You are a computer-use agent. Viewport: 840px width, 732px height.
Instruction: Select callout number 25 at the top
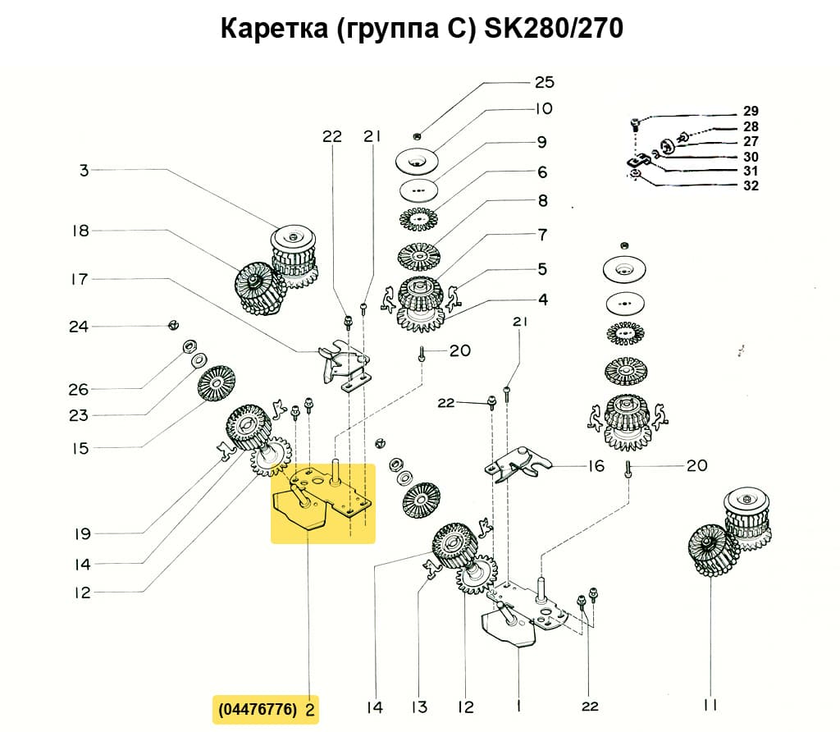point(545,82)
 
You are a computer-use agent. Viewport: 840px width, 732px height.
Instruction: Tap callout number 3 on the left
point(84,171)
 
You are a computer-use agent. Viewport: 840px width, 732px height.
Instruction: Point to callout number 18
point(80,231)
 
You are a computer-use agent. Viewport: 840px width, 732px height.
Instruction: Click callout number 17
point(79,279)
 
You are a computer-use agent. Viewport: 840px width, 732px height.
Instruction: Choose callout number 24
point(79,327)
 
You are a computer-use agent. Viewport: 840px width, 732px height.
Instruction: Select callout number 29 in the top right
point(751,111)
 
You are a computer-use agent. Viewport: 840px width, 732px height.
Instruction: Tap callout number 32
point(751,185)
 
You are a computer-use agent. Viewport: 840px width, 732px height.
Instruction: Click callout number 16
point(596,466)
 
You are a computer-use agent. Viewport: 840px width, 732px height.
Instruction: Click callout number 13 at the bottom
point(420,706)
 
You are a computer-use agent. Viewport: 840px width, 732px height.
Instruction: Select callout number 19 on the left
point(81,534)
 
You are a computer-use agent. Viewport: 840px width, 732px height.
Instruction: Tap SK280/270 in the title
point(555,29)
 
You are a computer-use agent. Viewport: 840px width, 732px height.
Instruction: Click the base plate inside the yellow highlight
point(324,501)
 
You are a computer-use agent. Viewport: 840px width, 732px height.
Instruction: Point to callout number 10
point(545,108)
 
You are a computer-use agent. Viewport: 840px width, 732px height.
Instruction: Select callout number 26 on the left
point(79,389)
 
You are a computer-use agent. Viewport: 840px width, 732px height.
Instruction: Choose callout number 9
point(542,142)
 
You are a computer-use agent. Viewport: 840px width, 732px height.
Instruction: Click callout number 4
point(542,299)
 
